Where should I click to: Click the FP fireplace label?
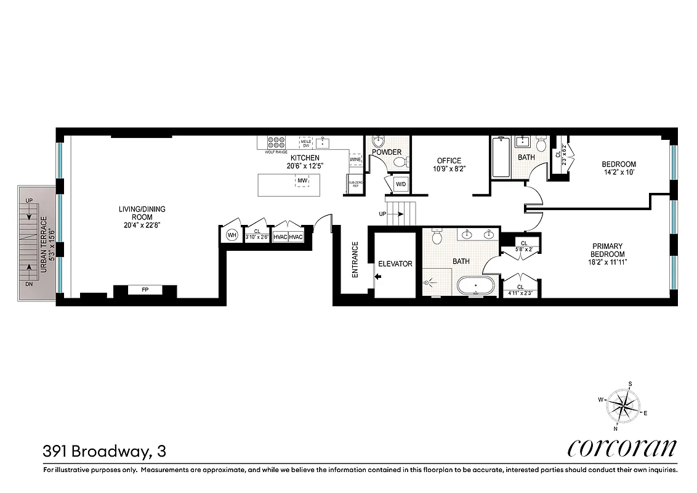point(144,289)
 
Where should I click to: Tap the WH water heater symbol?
point(232,235)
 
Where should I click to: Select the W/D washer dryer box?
point(400,184)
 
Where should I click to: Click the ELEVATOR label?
point(395,264)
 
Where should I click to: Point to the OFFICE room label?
point(448,161)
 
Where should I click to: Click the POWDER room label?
point(387,152)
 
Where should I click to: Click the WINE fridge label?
point(355,160)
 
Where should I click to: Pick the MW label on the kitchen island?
point(302,181)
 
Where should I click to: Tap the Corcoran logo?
point(621,448)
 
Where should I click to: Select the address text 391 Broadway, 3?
point(104,452)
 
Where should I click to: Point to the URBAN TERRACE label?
point(44,239)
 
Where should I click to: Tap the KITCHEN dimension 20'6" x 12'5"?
point(305,166)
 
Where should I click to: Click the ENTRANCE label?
point(355,259)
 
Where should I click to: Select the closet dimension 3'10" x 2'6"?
point(257,237)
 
